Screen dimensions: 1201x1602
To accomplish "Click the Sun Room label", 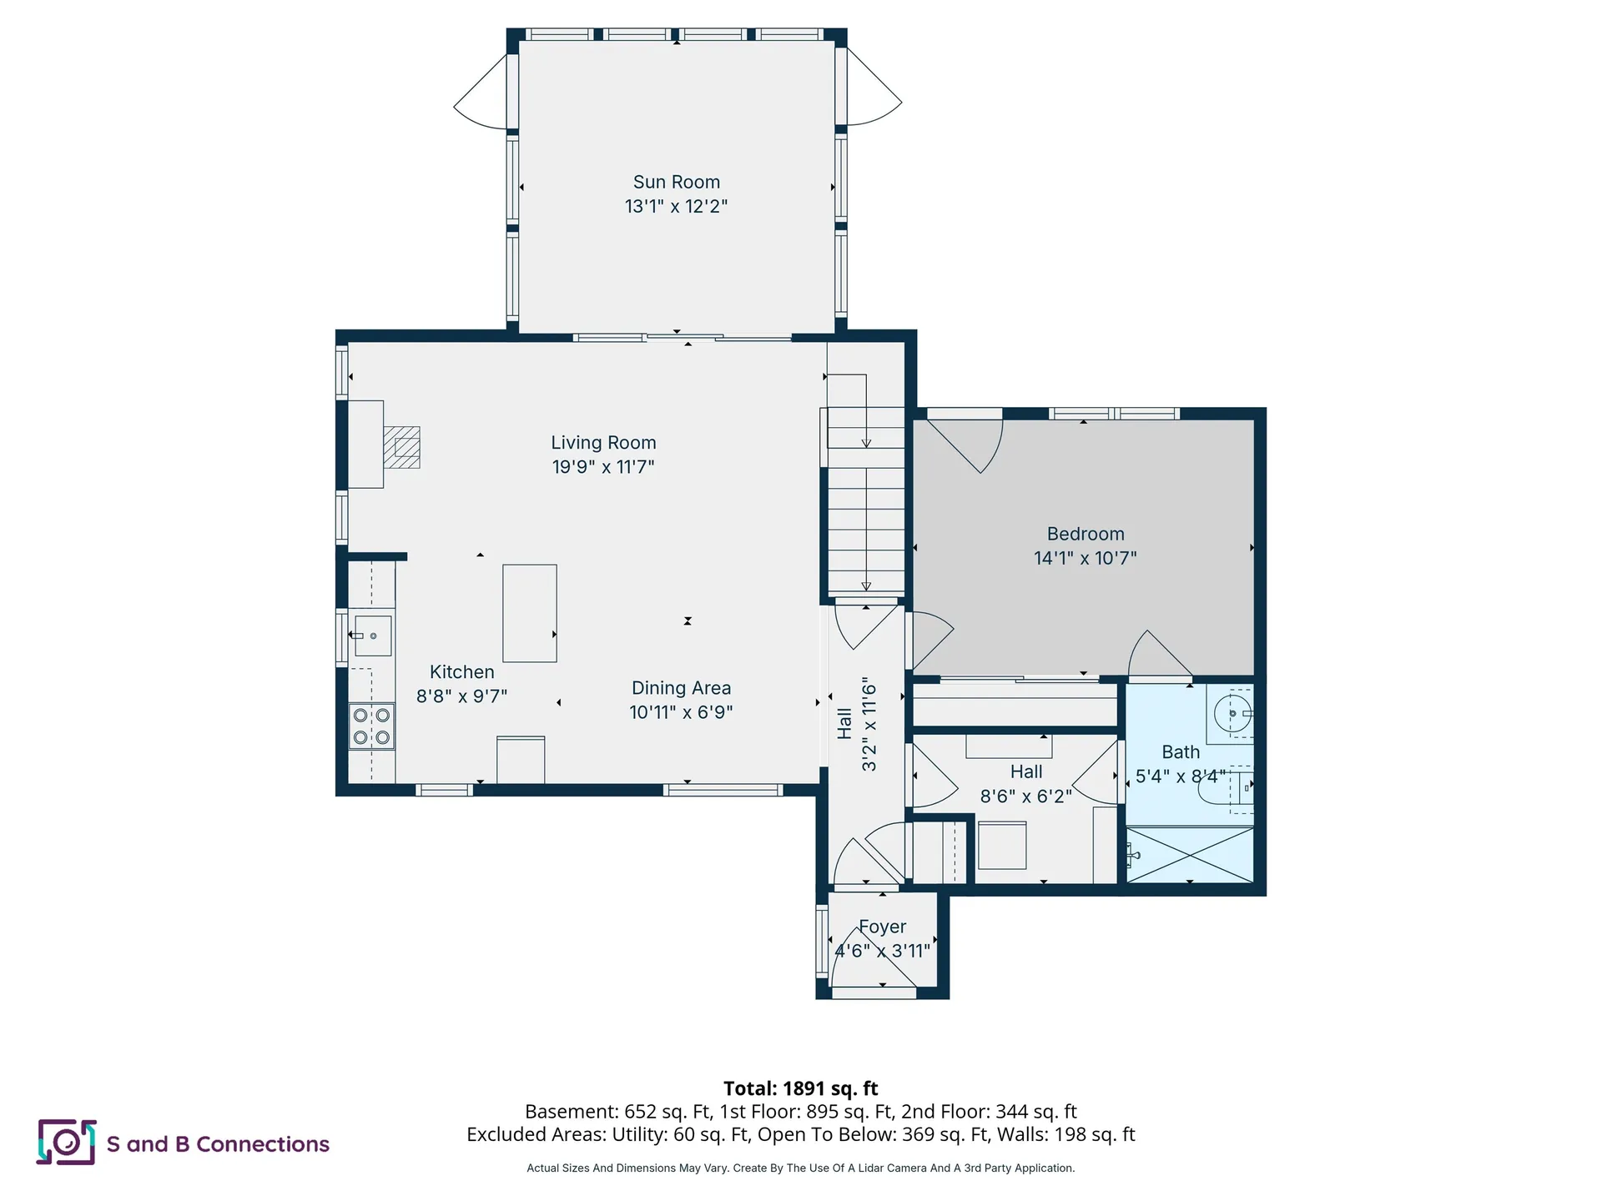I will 676,182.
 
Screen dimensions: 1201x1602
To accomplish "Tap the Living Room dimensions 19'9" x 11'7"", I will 602,467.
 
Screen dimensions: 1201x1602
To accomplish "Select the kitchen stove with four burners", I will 371,726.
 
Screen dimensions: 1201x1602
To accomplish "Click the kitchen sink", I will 372,636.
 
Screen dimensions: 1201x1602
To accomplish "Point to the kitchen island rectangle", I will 529,613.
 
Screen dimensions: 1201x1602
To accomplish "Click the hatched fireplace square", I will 401,448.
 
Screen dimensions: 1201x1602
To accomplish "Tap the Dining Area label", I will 681,688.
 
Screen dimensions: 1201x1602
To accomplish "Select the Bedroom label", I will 1085,534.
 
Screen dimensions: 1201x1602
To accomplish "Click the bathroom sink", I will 1232,714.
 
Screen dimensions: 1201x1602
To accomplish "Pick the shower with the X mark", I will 1190,854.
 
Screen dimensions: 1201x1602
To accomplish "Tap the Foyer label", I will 882,927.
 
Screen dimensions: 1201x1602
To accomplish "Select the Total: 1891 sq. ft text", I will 800,1088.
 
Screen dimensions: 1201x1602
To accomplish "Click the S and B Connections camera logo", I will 66,1142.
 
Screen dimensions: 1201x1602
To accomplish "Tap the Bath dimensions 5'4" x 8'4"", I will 1180,776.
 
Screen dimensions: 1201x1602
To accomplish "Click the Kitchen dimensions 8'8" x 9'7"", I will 461,696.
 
